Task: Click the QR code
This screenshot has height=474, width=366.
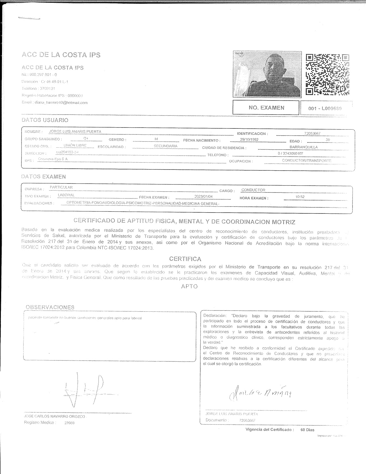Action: coord(327,74)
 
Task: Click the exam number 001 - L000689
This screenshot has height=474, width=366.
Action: coord(325,108)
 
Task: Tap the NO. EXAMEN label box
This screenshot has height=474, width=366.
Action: coord(266,108)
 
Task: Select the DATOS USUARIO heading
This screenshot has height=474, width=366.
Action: coord(45,120)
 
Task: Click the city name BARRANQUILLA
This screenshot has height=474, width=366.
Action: coord(303,147)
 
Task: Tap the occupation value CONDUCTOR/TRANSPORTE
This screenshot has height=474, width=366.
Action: coord(307,161)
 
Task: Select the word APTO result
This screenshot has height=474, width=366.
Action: coord(189,286)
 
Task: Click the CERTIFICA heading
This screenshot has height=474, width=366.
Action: coord(185,259)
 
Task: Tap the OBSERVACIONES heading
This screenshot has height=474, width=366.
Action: coord(50,307)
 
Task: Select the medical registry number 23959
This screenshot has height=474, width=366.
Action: coord(69,423)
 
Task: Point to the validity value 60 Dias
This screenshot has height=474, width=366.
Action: coord(307,430)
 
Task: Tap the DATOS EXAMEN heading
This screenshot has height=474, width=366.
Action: coord(44,176)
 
